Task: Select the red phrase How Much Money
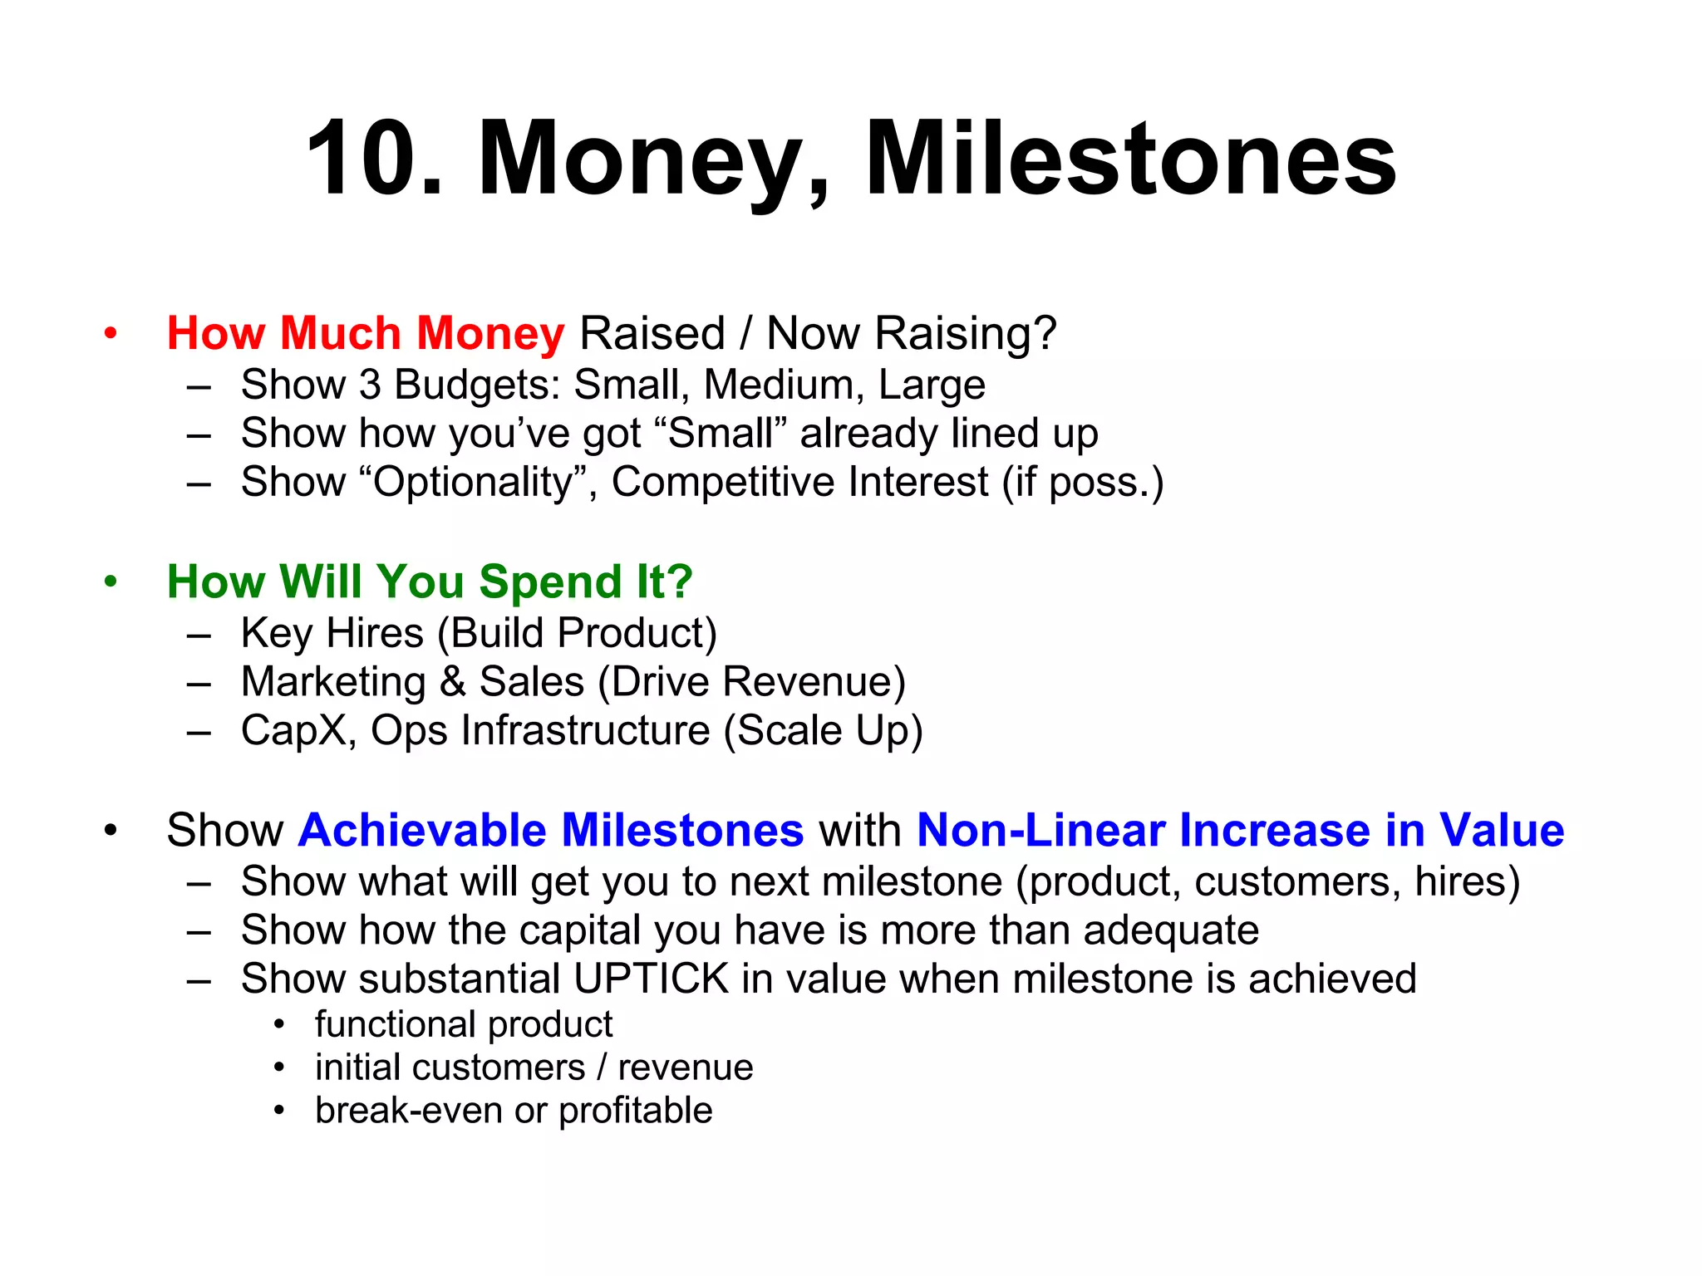(366, 333)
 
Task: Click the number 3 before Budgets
(370, 385)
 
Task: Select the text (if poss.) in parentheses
(1082, 483)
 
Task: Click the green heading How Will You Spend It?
(430, 582)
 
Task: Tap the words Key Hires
(332, 633)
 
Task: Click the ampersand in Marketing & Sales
(452, 682)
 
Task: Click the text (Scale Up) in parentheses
(823, 731)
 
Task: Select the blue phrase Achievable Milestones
(551, 830)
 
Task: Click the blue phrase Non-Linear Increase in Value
(1240, 830)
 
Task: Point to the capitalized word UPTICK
(651, 979)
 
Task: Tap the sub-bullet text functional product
(464, 1024)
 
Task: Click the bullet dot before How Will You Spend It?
(111, 582)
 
